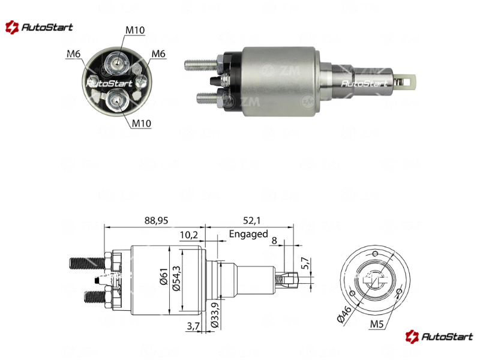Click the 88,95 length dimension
[x=156, y=220]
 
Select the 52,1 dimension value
[x=251, y=220]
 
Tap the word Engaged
[x=248, y=234]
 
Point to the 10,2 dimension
[x=189, y=235]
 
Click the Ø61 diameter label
[x=164, y=277]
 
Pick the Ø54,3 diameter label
[x=176, y=278]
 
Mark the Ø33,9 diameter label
[x=215, y=315]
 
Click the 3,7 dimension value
[x=193, y=326]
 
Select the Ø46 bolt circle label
[x=344, y=314]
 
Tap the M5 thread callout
[x=377, y=324]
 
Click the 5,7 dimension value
[x=305, y=263]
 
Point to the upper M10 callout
[x=135, y=30]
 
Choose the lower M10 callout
[x=141, y=124]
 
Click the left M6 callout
[x=73, y=54]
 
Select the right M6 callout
[x=158, y=54]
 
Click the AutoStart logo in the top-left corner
[x=39, y=27]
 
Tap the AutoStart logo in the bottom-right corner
[x=439, y=337]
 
